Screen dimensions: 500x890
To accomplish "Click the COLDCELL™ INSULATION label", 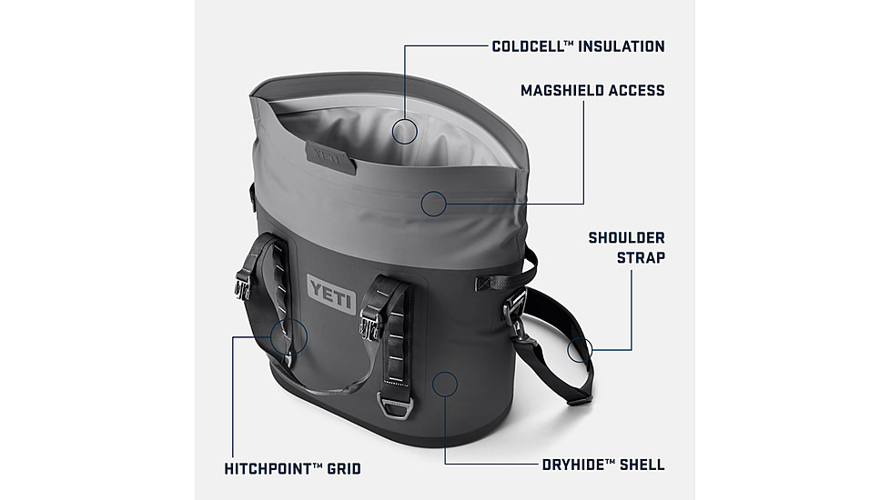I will [x=578, y=45].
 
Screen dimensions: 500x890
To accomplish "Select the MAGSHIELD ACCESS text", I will [x=592, y=91].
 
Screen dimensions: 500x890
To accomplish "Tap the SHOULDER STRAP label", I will [x=626, y=247].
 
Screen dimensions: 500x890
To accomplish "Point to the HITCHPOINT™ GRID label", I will [x=292, y=469].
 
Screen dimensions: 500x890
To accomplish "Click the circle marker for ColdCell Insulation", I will [x=405, y=131].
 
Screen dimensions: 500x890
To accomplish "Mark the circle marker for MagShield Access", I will [x=434, y=204].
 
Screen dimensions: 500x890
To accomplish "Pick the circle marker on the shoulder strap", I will [x=581, y=348].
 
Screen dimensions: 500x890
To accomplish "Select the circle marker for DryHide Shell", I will [x=443, y=384].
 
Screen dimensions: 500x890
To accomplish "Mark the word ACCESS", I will [x=633, y=91].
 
